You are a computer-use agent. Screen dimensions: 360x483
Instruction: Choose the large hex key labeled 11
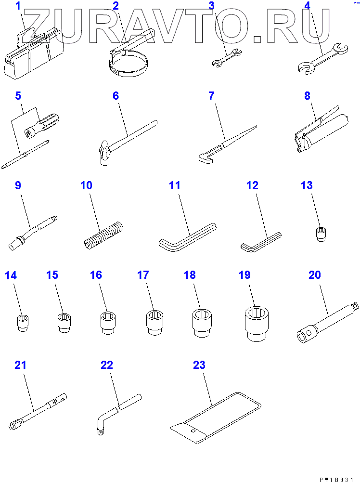pos(188,237)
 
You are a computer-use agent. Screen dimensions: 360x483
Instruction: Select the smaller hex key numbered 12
pos(260,242)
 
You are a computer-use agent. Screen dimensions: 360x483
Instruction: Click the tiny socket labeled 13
pos(321,235)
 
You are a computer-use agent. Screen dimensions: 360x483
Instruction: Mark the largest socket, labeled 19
pos(257,324)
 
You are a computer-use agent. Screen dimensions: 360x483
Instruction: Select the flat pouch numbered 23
pos(216,418)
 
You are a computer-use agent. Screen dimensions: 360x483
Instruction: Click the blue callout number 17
pos(143,275)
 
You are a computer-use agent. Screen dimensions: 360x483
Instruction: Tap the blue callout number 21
pos(20,365)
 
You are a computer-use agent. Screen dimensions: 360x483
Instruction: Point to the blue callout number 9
pos(18,185)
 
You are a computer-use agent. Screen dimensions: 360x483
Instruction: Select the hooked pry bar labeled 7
pos(227,144)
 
